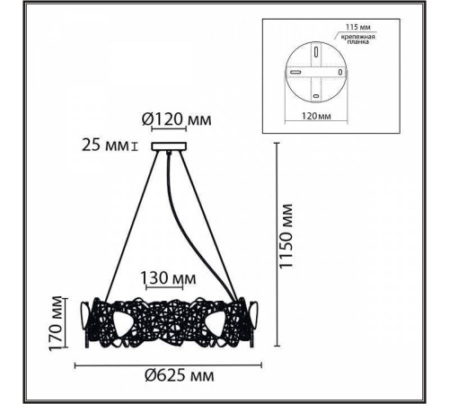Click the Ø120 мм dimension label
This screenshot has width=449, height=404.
pos(177,119)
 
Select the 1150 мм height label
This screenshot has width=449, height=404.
pos(286,236)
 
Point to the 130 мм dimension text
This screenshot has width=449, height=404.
pos(168,278)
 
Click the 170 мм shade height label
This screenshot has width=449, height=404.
pos(56,323)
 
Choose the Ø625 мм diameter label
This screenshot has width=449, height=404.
pos(180,375)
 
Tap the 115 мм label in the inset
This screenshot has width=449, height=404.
pos(358,27)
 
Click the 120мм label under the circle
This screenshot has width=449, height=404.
pos(316,116)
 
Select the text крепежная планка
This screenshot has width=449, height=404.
pos(358,40)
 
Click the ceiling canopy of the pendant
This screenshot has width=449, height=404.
pos(169,146)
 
